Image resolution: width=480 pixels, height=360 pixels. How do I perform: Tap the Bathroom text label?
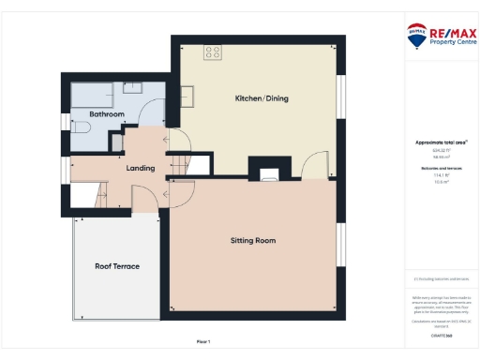[107, 114]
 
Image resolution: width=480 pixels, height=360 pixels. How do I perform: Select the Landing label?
[140, 169]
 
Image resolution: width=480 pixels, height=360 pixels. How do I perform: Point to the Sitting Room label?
[253, 241]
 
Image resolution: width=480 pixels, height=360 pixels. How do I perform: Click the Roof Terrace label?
[117, 266]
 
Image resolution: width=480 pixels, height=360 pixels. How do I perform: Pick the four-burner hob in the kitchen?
[214, 52]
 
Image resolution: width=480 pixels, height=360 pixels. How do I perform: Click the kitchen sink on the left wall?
[187, 95]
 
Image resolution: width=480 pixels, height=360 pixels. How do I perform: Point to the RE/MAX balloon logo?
[415, 37]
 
